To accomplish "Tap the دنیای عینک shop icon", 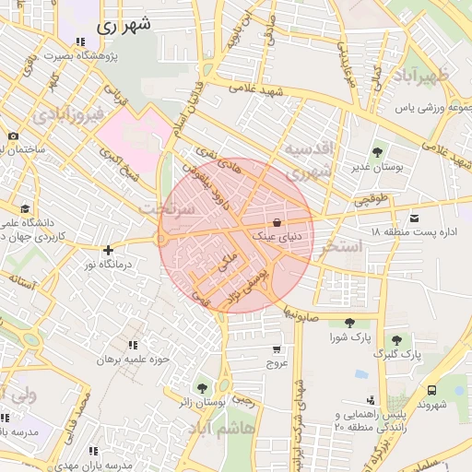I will click(277, 222).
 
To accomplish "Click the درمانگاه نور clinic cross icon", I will click(109, 250).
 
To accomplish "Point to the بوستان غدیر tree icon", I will click(376, 152).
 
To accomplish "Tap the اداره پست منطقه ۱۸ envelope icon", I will click(415, 218).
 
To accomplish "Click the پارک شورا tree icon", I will click(348, 323).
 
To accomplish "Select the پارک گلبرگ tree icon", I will click(396, 339).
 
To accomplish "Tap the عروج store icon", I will click(277, 349).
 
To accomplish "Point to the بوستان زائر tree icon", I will click(202, 388).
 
